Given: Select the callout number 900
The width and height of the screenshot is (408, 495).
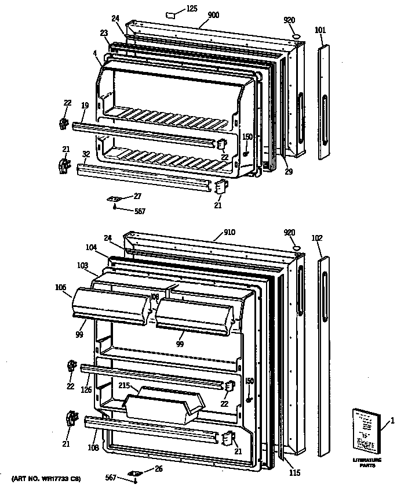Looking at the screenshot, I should coord(213,15).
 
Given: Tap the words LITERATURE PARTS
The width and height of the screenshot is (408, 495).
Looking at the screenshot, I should coord(366,463).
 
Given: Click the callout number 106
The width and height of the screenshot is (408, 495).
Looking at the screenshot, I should coord(61,287).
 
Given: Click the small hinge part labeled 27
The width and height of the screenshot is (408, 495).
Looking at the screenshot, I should coord(114,198).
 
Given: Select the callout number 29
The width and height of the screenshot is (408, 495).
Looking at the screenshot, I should coord(289,172).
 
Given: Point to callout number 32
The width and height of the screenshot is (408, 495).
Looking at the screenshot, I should coord(86,154).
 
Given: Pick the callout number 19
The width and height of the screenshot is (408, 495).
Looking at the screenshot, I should coord(85,106).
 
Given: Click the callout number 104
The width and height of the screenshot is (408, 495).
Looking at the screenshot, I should coord(91,247).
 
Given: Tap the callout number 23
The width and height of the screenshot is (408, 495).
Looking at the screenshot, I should coord(104,34).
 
